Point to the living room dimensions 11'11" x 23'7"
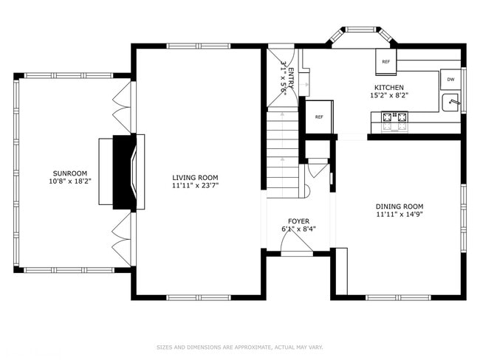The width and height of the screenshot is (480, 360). (x=195, y=186)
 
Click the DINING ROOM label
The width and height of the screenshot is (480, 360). (x=400, y=206)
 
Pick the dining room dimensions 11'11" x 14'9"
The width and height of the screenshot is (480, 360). (x=400, y=215)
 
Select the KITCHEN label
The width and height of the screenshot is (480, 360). (x=388, y=87)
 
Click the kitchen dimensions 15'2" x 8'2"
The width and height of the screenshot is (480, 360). (x=388, y=95)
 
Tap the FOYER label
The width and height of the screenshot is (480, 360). (x=298, y=221)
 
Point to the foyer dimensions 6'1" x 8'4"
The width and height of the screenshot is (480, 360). (x=298, y=229)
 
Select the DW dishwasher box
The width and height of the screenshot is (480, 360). (x=450, y=79)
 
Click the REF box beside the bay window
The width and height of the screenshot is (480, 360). (x=385, y=62)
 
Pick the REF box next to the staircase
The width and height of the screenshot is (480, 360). (x=319, y=117)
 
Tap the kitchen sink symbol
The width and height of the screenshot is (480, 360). (x=451, y=103)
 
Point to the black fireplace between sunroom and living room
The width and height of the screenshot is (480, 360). (x=123, y=172)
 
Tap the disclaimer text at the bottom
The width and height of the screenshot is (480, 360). (x=239, y=347)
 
